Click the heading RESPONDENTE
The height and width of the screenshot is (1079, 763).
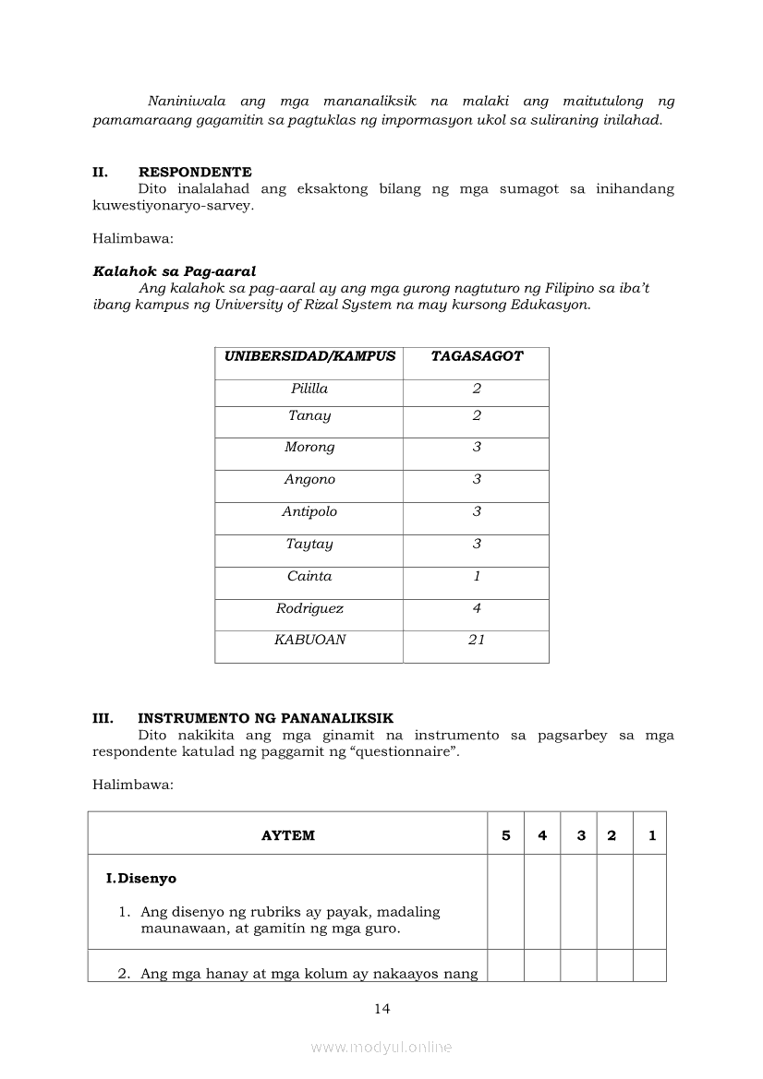(195, 172)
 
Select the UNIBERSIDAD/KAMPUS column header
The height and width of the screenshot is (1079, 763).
(309, 356)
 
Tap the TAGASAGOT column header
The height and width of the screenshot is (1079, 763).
(477, 356)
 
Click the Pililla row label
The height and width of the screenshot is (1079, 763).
(309, 389)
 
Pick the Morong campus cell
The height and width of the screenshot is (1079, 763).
(309, 448)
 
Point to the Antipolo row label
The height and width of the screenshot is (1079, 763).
(309, 512)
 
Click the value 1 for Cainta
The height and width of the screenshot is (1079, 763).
(477, 577)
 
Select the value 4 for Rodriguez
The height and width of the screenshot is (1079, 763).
(477, 609)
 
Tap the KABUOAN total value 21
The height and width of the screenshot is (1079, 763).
(477, 641)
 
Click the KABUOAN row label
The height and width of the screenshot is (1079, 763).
(309, 641)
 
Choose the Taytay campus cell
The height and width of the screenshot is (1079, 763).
(309, 545)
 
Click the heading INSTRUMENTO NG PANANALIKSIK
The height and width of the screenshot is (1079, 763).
(266, 718)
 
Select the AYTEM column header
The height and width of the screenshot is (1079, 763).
(288, 836)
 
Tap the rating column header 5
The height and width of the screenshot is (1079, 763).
(505, 836)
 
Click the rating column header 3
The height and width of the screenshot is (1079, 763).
(581, 836)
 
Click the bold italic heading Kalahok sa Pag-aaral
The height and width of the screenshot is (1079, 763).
(175, 272)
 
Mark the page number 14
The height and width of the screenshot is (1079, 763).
(382, 1009)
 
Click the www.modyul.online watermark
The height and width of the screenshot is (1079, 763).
(381, 1048)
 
